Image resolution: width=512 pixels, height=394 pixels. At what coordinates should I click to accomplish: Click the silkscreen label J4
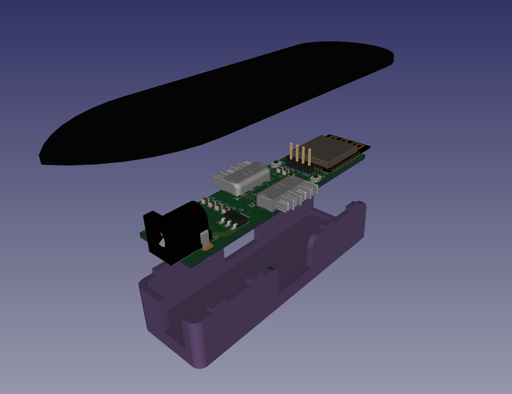(236, 199)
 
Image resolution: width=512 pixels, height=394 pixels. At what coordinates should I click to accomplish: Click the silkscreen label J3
(251, 205)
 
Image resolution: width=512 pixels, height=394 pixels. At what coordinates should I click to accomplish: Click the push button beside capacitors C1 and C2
(274, 164)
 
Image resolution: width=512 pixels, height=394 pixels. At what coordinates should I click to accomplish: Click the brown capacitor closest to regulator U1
(226, 210)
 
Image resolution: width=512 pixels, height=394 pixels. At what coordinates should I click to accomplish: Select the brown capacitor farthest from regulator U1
(205, 200)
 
